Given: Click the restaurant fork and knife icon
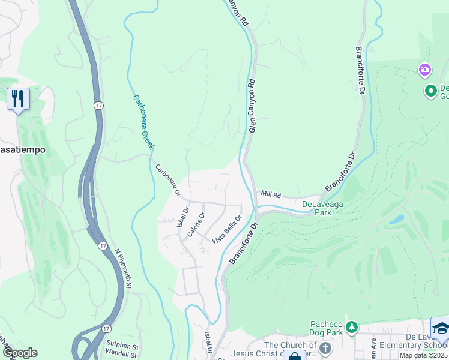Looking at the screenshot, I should click(18, 99).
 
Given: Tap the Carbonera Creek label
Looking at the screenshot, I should click(144, 122).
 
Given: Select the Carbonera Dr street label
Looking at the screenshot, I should click(168, 180).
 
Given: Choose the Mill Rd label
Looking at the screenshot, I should click(271, 194).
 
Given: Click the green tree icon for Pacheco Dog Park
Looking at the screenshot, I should click(352, 327).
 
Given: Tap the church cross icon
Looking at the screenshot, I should click(325, 348).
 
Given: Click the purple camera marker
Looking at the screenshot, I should click(426, 71).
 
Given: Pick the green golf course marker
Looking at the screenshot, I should click(430, 92).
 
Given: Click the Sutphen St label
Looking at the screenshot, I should click(122, 346).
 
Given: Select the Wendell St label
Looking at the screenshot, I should click(122, 354).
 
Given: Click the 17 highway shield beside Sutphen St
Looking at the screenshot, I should click(106, 328).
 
